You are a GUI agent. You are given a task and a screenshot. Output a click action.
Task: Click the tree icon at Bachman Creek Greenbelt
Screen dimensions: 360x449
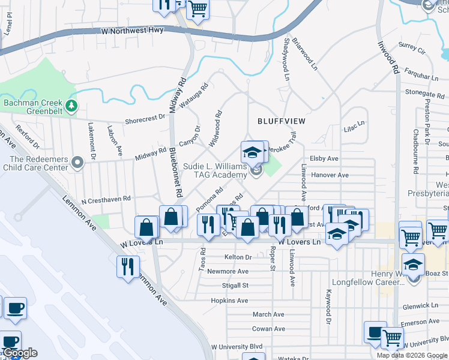(x=71, y=106)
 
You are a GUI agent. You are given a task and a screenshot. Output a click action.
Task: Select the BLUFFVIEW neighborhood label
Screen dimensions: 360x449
(x=282, y=121)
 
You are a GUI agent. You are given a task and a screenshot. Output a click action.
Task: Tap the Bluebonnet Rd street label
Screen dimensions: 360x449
(x=175, y=173)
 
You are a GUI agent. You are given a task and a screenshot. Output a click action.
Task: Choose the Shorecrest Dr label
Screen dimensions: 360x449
(x=145, y=119)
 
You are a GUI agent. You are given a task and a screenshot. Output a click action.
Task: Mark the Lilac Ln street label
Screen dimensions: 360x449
(x=354, y=124)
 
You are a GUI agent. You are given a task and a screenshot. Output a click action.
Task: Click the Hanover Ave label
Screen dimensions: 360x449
(x=330, y=175)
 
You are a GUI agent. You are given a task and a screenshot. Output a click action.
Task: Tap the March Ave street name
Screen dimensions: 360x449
(x=268, y=314)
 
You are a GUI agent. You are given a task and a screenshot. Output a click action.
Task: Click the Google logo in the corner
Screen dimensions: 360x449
(x=19, y=353)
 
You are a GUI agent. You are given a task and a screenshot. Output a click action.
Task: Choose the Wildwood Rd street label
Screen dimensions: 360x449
(x=215, y=128)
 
